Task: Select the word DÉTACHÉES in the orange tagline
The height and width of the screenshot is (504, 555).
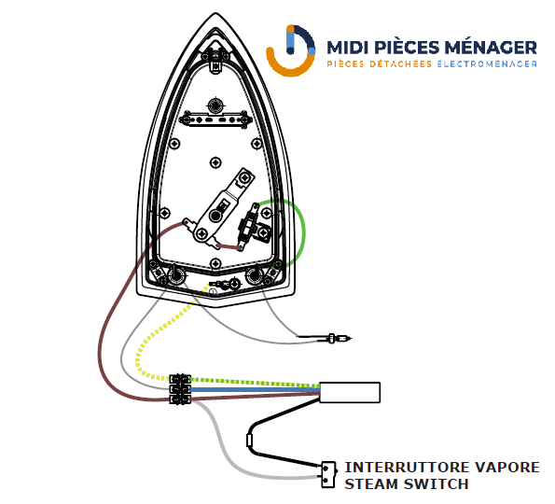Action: [400, 63]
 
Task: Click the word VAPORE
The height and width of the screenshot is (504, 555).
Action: [506, 468]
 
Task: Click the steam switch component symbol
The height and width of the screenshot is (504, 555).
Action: [328, 475]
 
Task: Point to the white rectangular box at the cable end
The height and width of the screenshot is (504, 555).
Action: [350, 392]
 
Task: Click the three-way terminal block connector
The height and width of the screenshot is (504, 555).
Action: [180, 389]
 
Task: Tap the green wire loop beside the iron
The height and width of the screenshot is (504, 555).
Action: [304, 232]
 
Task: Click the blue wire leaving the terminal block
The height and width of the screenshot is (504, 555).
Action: [255, 390]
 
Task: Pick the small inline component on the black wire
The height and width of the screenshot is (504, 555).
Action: [250, 441]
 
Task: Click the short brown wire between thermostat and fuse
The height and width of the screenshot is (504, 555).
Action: [229, 246]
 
